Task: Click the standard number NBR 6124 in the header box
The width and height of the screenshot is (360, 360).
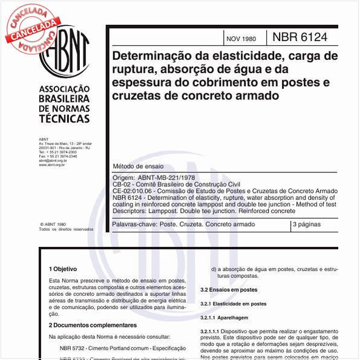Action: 299,38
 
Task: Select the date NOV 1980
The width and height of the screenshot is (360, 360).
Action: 241,39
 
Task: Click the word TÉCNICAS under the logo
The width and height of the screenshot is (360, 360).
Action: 64,119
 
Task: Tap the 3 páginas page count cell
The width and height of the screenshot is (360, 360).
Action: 308,224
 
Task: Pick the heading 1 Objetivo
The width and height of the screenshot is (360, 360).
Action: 63,268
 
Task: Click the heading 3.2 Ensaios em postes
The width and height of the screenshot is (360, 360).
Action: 229,290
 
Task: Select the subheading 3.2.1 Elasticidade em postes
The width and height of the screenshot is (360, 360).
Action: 234,304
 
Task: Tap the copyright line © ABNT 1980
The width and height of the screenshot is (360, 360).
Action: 53,223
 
